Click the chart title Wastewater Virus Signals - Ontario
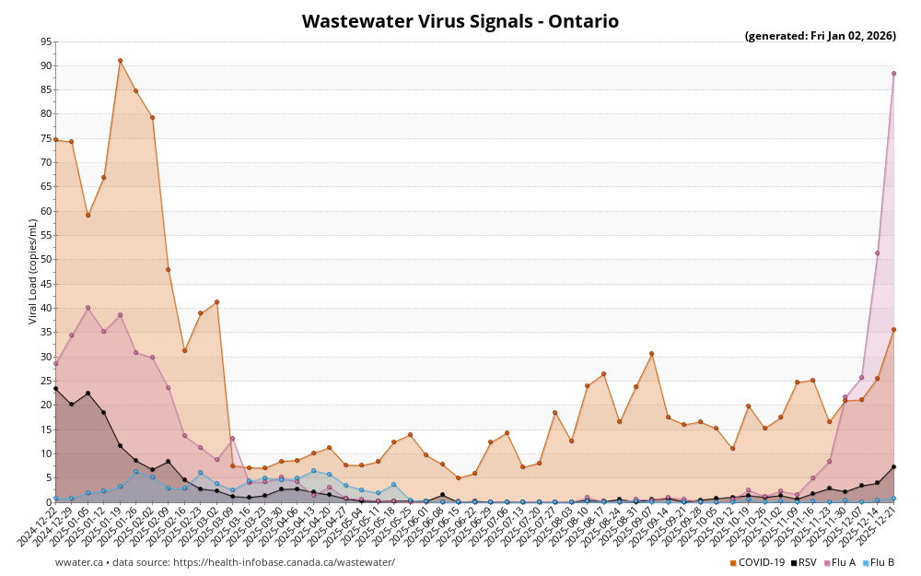tap(460, 21)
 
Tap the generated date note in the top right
tap(820, 36)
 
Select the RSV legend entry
tap(803, 562)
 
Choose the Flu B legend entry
tap(879, 562)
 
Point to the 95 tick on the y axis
tap(46, 41)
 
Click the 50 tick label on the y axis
tap(46, 260)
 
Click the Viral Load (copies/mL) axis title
tap(33, 271)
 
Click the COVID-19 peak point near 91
tap(120, 61)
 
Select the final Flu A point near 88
tap(893, 74)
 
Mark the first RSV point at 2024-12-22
tap(55, 388)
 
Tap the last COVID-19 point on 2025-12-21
tap(893, 329)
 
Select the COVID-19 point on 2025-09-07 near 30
tap(651, 353)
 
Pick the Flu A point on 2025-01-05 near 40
tap(87, 308)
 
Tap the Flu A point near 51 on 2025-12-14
tap(877, 253)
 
